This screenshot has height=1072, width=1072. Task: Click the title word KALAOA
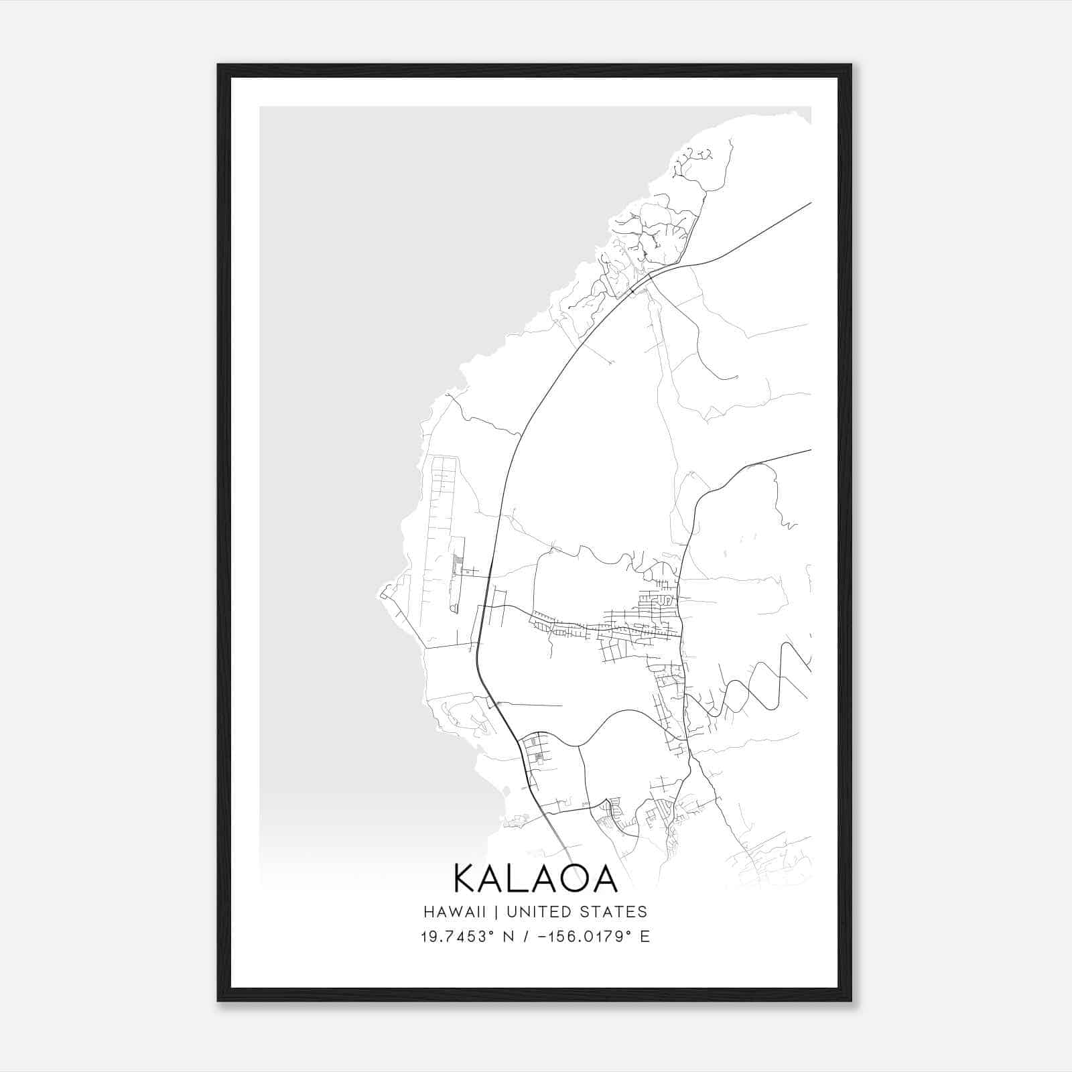click(535, 878)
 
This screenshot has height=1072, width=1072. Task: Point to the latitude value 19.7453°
click(458, 936)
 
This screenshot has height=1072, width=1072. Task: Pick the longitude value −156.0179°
click(583, 936)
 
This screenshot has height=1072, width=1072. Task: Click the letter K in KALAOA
click(465, 878)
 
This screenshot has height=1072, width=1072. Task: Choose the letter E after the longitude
click(645, 936)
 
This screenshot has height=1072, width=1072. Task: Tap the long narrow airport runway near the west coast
click(442, 529)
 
